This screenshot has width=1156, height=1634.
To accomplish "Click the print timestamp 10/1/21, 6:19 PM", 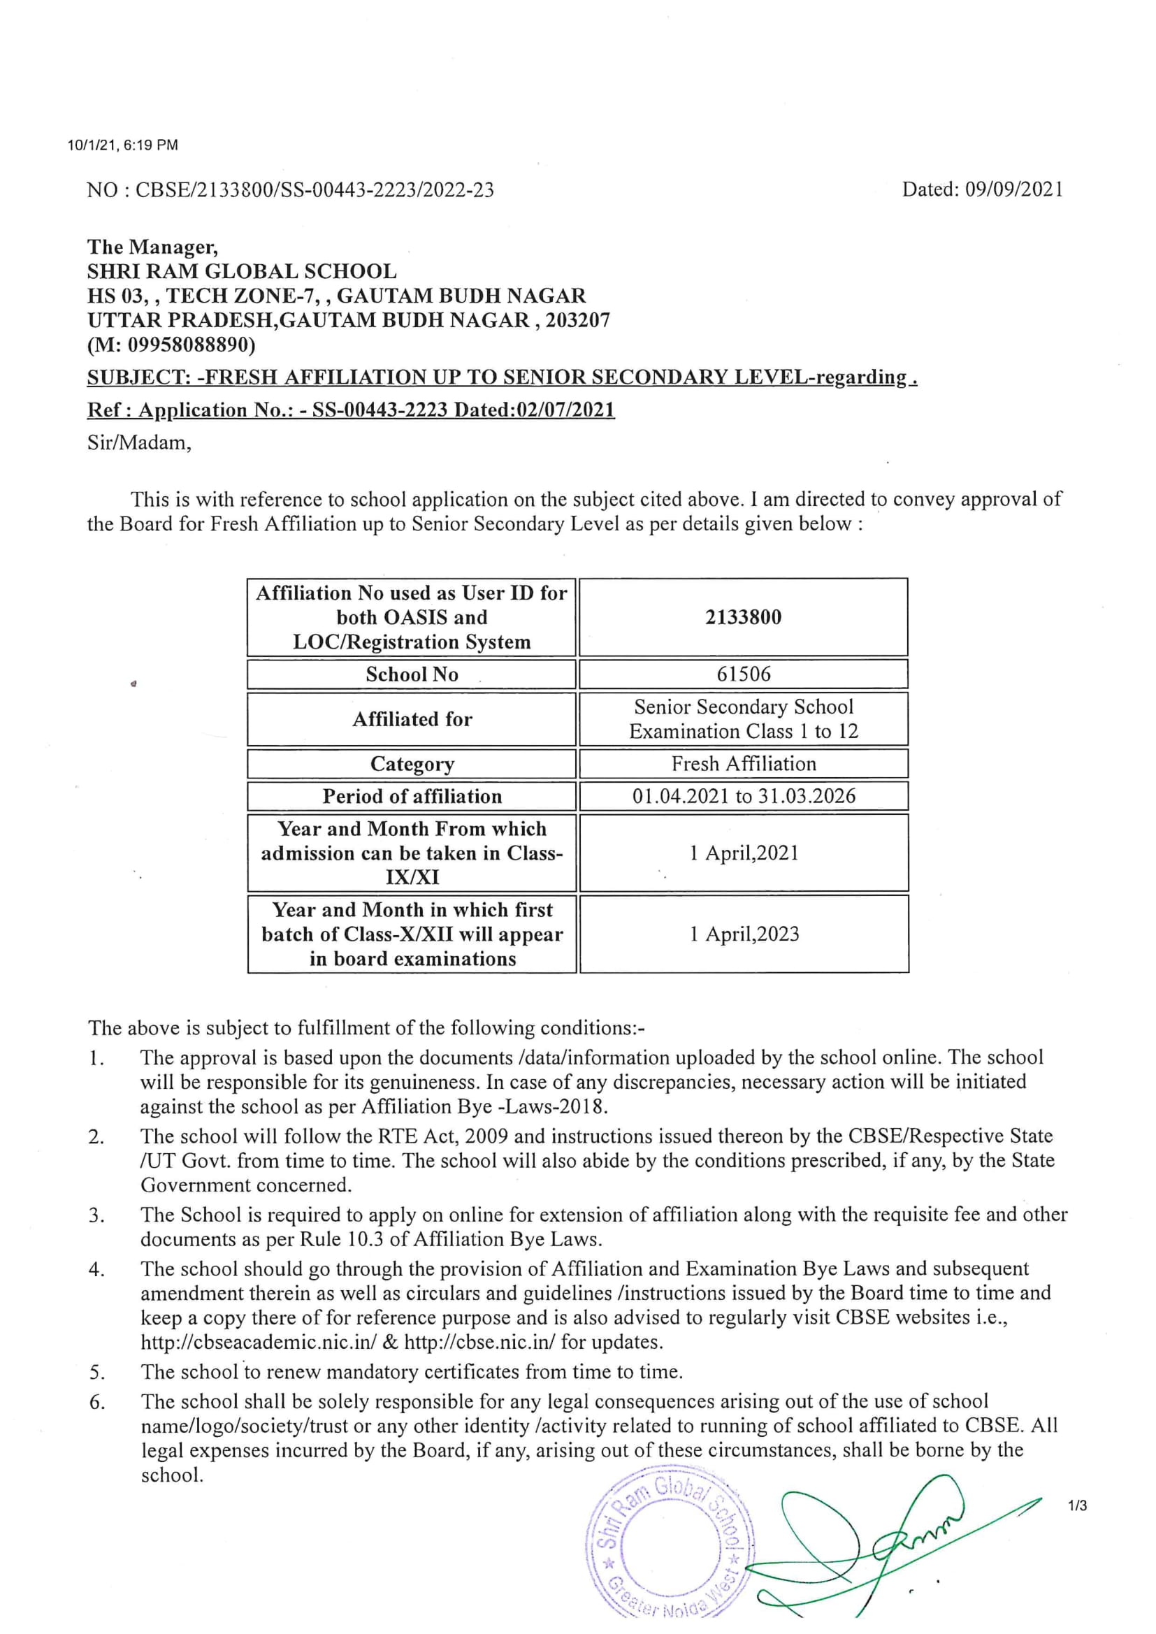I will (122, 146).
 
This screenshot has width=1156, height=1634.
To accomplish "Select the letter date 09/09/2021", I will (1013, 189).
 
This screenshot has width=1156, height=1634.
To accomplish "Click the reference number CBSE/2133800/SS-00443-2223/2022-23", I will (314, 190).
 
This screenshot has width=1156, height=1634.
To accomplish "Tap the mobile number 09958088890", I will (188, 345).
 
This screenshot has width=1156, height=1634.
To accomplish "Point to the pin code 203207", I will (577, 320).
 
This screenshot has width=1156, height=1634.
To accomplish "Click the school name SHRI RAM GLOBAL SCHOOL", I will (242, 271).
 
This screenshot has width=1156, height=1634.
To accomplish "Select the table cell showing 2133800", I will (743, 617).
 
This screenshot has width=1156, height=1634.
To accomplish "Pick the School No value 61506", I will (743, 674).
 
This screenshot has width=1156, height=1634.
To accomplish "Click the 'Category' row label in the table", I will (412, 764).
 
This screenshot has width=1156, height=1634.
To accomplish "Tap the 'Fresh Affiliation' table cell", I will (743, 764).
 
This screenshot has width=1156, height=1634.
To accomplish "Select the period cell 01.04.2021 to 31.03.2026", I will (743, 795).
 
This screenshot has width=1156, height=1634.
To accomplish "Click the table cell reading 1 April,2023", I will (743, 934).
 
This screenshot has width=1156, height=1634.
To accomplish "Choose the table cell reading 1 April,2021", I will (743, 853).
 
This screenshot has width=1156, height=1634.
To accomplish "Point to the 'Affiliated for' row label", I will (412, 719).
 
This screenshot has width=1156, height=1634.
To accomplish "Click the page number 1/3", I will (1077, 1505).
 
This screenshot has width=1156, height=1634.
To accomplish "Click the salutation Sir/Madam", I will (140, 442).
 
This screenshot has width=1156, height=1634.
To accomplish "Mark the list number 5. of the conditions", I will (98, 1372).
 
